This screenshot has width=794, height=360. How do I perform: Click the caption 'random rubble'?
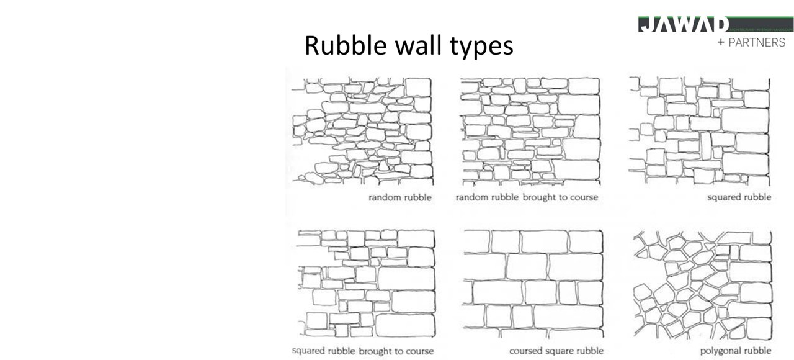(400, 197)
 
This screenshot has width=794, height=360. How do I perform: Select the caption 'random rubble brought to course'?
(527, 197)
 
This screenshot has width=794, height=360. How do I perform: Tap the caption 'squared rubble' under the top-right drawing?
(739, 197)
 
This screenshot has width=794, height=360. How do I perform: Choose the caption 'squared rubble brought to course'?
(363, 351)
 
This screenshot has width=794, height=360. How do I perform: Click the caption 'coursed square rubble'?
(556, 351)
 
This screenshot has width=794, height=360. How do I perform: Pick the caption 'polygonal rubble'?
(736, 351)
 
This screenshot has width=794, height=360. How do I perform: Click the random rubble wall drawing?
(362, 131)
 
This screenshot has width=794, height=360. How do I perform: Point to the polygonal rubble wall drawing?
(703, 284)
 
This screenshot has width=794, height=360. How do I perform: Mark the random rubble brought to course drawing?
(531, 131)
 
